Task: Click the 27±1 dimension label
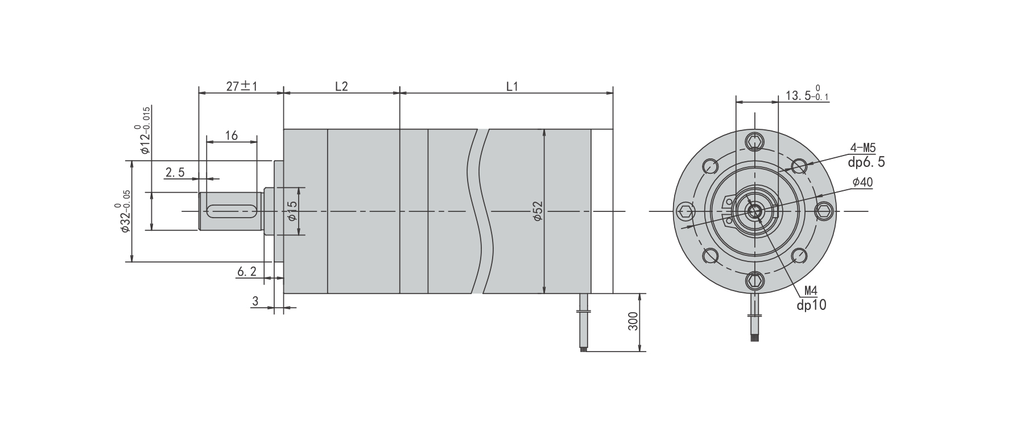242,87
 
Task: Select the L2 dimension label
341,87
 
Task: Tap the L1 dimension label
512,87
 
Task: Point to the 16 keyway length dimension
231,136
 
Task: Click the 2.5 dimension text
175,172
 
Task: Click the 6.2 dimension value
246,272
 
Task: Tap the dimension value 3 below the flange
255,301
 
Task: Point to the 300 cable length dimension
633,322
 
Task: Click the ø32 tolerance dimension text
125,211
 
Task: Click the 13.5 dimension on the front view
807,95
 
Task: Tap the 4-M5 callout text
863,149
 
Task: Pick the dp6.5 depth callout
866,162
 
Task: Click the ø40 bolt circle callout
862,182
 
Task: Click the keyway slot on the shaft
232,211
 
